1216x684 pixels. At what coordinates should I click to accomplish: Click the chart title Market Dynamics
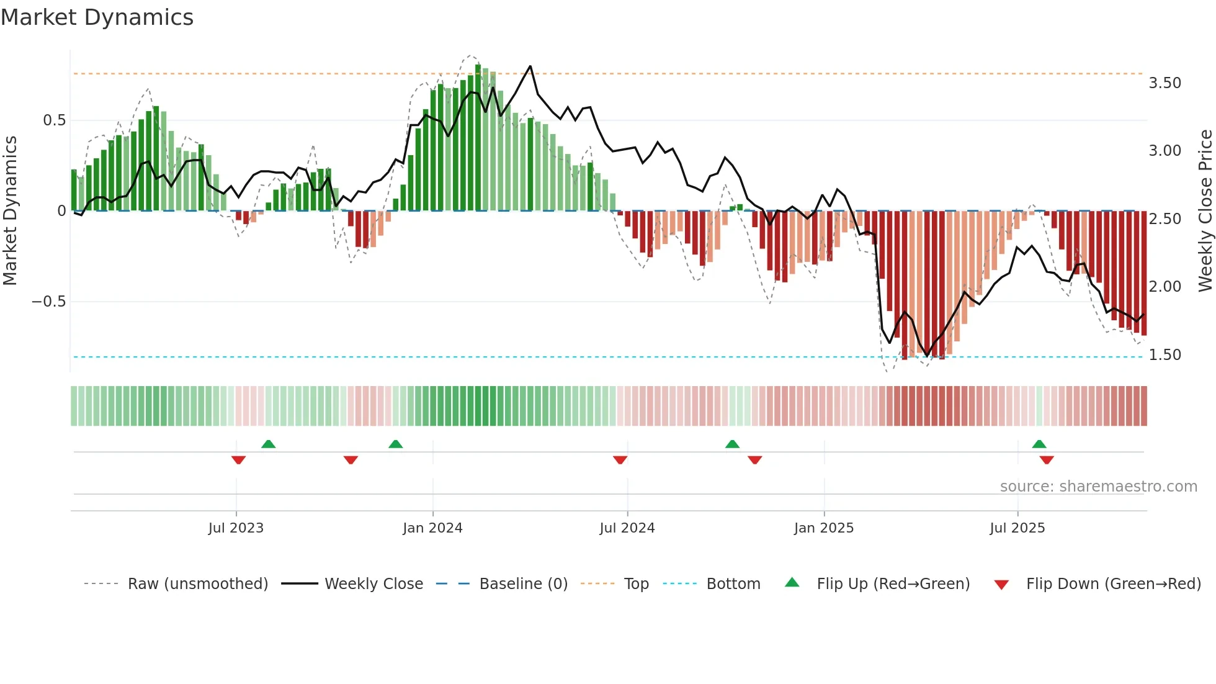[97, 17]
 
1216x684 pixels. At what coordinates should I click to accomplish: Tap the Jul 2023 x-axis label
[236, 528]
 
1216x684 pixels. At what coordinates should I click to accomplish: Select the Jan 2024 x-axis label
[432, 528]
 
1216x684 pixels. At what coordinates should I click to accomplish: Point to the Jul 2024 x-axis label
[627, 528]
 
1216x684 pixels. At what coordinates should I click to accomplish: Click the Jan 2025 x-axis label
[824, 528]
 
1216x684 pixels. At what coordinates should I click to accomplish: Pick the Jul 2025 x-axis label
[1017, 528]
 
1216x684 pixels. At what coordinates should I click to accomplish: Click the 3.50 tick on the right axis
[1165, 83]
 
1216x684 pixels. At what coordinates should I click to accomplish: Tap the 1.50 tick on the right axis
[1165, 355]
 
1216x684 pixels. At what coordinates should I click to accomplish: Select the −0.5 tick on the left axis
[48, 302]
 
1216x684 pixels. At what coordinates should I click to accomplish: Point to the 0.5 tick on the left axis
[54, 120]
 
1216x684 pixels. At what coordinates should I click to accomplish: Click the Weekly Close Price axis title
[1205, 211]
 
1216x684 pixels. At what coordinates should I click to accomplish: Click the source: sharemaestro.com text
[1098, 487]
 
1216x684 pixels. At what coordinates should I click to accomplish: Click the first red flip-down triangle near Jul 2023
[238, 460]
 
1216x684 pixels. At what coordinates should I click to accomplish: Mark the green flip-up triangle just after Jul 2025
[1039, 444]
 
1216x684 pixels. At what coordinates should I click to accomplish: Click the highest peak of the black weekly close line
[530, 66]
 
